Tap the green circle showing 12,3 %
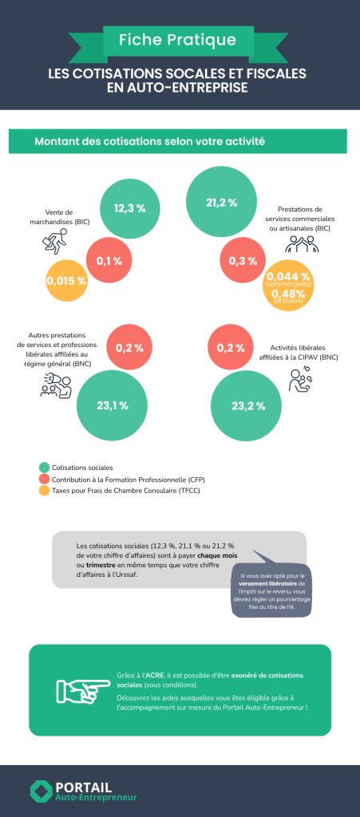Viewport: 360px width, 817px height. (x=129, y=208)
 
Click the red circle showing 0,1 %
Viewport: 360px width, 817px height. (x=109, y=260)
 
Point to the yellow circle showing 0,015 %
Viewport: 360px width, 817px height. (x=66, y=281)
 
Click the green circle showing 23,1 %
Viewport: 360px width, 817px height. (x=111, y=406)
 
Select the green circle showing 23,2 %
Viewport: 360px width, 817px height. (x=247, y=406)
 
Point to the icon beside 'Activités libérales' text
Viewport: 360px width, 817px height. (x=300, y=382)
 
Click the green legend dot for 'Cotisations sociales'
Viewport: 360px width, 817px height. (x=43, y=467)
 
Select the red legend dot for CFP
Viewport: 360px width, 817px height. (x=43, y=480)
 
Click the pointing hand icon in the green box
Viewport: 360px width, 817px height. (x=82, y=689)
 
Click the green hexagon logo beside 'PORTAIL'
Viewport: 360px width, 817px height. (x=41, y=791)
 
